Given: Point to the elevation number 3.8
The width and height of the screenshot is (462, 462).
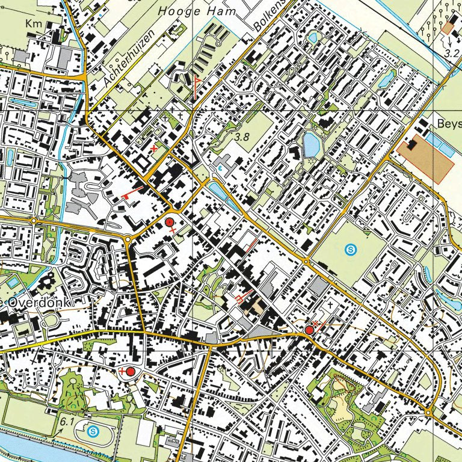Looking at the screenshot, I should click(242, 137).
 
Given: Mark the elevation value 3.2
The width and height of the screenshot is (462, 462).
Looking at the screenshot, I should click(452, 53).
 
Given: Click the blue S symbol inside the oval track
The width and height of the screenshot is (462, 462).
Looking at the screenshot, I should click(93, 431).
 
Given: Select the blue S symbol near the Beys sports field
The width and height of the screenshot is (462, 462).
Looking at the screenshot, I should click(351, 248).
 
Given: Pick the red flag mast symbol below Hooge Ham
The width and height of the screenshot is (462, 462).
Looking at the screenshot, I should click(196, 86).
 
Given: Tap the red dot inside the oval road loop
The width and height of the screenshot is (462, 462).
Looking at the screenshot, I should click(130, 371).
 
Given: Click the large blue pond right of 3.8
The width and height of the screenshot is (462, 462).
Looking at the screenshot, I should click(311, 144).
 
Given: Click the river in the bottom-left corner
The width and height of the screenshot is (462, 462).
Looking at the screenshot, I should click(24, 445).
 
